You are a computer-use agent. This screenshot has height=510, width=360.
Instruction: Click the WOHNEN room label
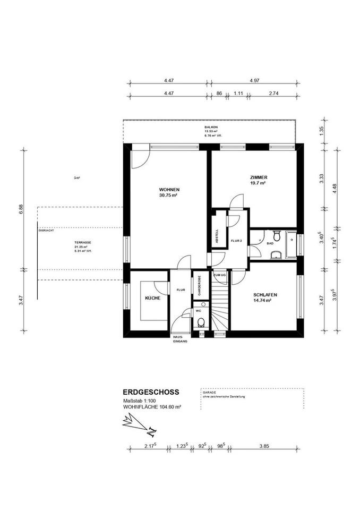click(x=168, y=190)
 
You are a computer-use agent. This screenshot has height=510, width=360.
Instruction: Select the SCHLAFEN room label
click(x=265, y=295)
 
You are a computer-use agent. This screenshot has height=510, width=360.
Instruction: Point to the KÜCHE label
click(x=153, y=299)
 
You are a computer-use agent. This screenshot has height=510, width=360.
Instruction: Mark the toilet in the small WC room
click(x=200, y=322)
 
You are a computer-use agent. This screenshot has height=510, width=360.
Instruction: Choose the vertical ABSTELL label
click(x=217, y=236)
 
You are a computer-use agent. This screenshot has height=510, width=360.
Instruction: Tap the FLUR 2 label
click(x=236, y=241)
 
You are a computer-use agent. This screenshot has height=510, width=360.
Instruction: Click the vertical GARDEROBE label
click(x=199, y=286)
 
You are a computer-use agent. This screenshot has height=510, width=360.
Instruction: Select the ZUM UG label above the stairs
click(x=219, y=276)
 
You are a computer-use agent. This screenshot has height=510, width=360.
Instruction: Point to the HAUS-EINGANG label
click(x=179, y=339)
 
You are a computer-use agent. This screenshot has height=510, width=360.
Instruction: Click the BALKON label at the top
click(x=211, y=127)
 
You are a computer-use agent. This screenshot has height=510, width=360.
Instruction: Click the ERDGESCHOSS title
click(x=151, y=392)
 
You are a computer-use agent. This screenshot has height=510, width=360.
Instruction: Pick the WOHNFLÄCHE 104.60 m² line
click(x=152, y=407)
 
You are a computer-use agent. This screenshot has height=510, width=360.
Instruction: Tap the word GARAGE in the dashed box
click(x=208, y=393)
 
